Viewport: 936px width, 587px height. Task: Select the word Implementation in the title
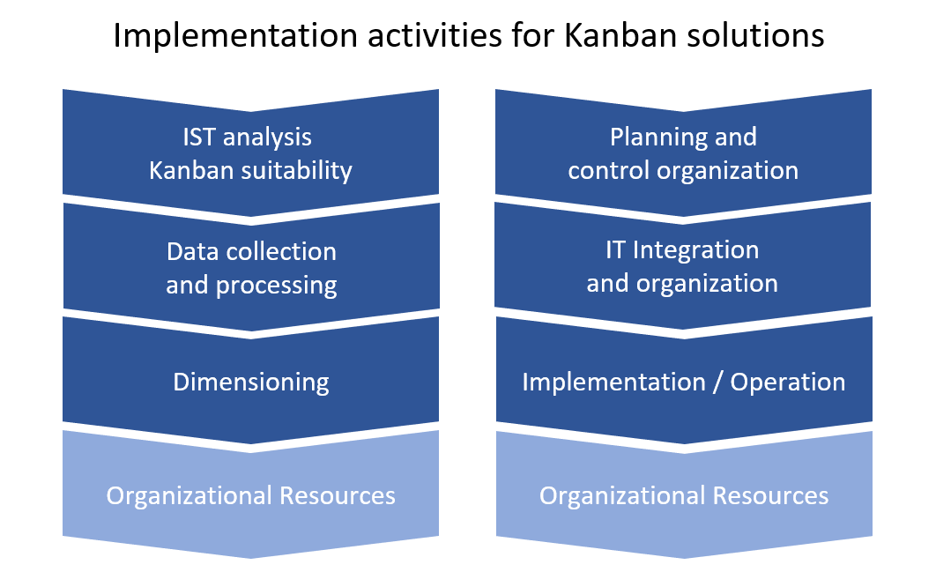tap(234, 36)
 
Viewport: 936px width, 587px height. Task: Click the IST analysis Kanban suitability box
tap(250, 152)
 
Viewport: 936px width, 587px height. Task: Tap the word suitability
tap(297, 171)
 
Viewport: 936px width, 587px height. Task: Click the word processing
tap(277, 286)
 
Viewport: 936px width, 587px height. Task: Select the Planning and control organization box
tap(684, 152)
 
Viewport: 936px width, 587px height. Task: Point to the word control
tap(609, 171)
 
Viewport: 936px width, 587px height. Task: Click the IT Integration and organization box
tap(683, 265)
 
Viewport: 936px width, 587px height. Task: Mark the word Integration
tap(696, 250)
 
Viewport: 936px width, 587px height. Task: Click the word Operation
tap(788, 383)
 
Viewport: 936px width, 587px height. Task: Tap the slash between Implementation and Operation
tap(718, 383)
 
